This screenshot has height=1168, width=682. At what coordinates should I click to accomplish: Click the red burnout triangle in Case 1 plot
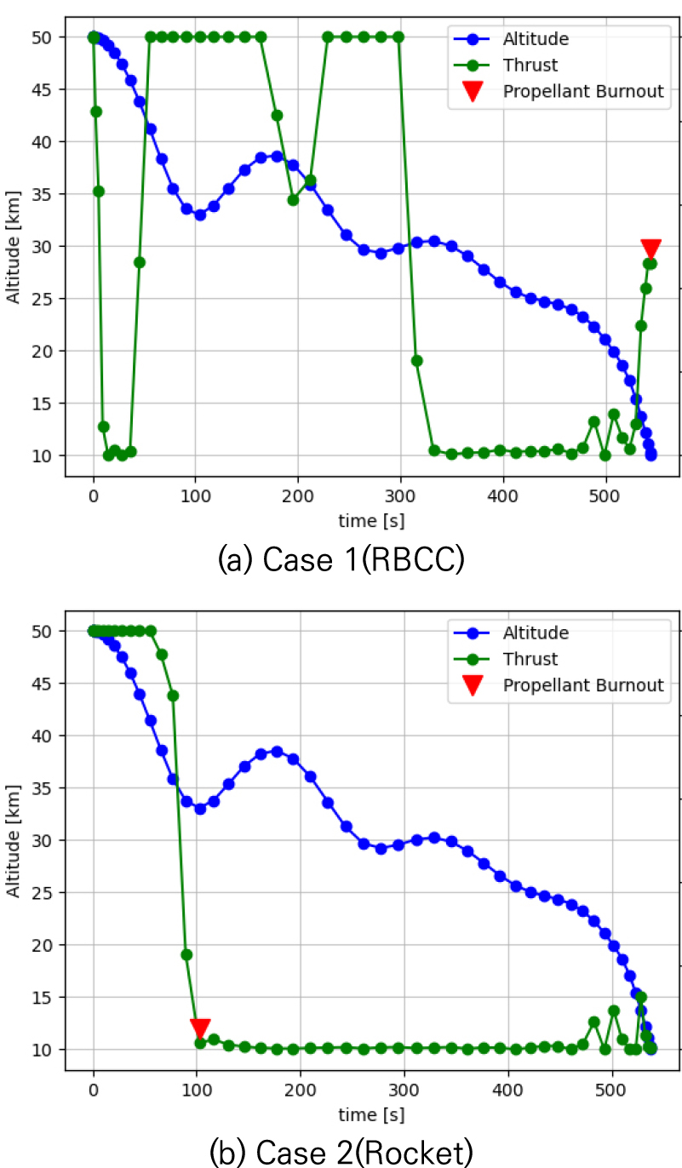click(650, 249)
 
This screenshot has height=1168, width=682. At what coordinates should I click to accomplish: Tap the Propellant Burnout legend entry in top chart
click(583, 91)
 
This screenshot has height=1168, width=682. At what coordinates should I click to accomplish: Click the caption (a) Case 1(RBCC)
click(340, 561)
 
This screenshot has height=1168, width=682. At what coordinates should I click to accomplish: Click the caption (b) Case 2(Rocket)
click(340, 1153)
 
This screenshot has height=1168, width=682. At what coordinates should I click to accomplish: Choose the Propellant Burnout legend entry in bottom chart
click(583, 685)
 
